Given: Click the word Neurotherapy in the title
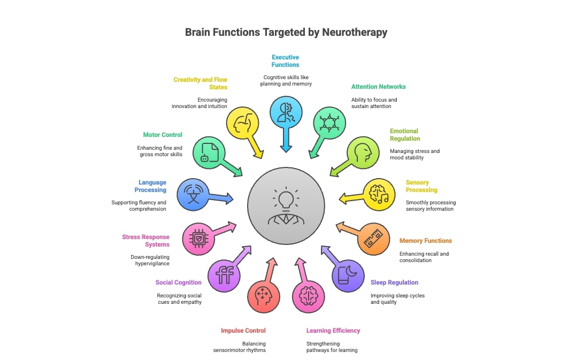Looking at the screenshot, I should (x=355, y=32).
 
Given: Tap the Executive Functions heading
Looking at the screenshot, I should (x=285, y=61).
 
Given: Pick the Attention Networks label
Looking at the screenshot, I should (x=378, y=87).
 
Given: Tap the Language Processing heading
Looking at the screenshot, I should (x=152, y=186).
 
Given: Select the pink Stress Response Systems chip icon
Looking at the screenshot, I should (x=198, y=238).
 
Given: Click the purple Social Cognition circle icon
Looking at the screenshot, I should (x=224, y=275).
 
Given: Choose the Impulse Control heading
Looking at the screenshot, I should (x=243, y=331).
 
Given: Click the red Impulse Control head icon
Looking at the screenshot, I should (x=264, y=295).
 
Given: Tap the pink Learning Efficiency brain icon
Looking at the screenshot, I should (x=309, y=295).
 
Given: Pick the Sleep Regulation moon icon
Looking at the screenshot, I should (x=348, y=275).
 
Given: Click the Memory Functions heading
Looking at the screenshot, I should (x=425, y=241).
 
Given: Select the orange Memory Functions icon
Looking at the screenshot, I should (x=373, y=239).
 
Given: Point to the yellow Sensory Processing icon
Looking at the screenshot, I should (x=379, y=195).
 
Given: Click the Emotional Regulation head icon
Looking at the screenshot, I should (x=363, y=152).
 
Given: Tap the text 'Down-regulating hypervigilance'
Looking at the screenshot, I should (x=150, y=261).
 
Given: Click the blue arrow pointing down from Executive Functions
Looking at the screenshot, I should (x=286, y=141).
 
